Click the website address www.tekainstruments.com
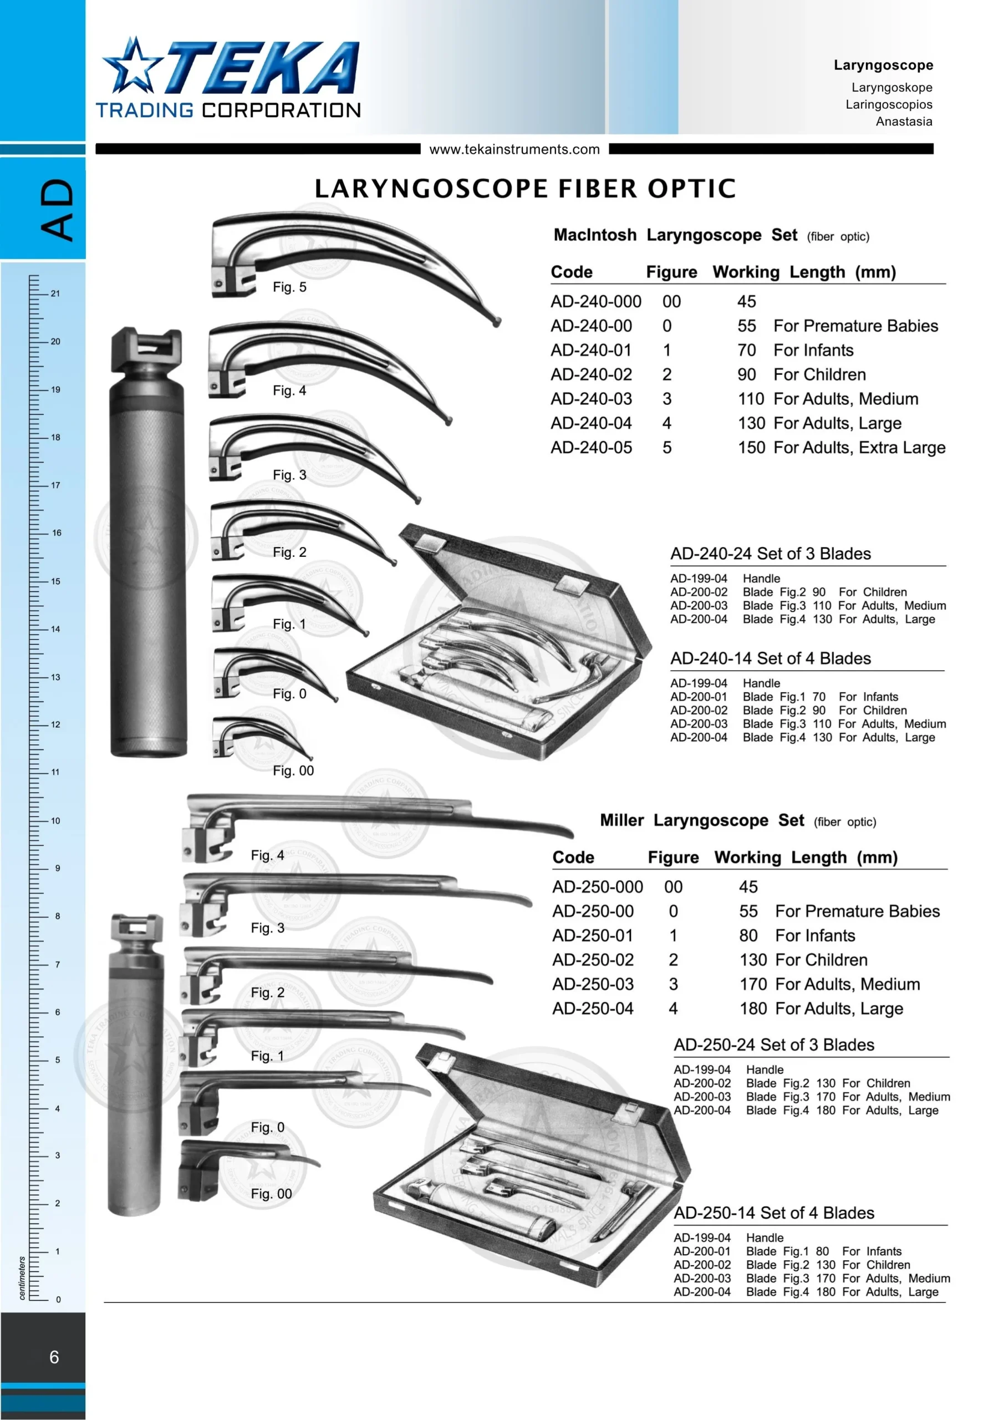pyautogui.click(x=514, y=149)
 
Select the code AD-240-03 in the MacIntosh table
pyautogui.click(x=591, y=399)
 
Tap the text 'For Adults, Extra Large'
pyautogui.click(x=859, y=448)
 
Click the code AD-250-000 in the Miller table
pyautogui.click(x=597, y=887)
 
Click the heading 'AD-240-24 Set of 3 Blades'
pyautogui.click(x=770, y=554)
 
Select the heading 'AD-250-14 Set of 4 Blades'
pyautogui.click(x=773, y=1213)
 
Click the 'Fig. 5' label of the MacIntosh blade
pyautogui.click(x=289, y=287)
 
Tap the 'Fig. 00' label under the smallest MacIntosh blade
pyautogui.click(x=293, y=770)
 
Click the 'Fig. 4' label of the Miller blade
pyautogui.click(x=267, y=855)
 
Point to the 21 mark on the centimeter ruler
pyautogui.click(x=55, y=294)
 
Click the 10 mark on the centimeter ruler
pyautogui.click(x=55, y=821)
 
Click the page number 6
pyautogui.click(x=54, y=1357)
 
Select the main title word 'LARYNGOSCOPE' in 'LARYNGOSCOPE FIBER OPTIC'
pyautogui.click(x=431, y=189)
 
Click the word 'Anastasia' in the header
pyautogui.click(x=904, y=121)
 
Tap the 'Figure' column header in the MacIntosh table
pyautogui.click(x=671, y=272)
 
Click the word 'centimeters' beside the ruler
pyautogui.click(x=22, y=1277)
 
